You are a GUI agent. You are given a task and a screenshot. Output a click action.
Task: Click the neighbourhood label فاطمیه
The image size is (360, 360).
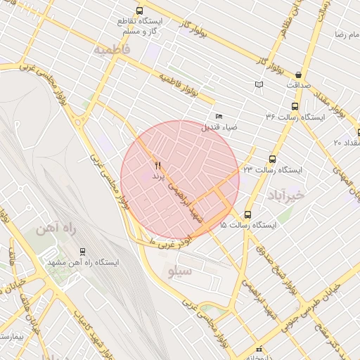tap(112, 51)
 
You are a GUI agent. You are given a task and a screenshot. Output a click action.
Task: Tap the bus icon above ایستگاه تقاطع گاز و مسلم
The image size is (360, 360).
tap(140, 11)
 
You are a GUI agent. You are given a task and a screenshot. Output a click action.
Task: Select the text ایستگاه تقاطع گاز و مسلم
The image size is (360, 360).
tap(141, 26)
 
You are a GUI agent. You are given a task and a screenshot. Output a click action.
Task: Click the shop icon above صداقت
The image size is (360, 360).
tap(299, 75)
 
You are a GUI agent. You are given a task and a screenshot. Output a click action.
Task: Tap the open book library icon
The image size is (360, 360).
tap(259, 84)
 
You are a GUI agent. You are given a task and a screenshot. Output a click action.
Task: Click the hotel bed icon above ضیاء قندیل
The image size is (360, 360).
tap(219, 117)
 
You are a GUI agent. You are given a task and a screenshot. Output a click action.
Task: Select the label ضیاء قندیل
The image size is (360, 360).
tap(220, 127)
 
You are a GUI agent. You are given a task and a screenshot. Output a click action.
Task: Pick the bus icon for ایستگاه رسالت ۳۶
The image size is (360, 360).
tap(293, 107)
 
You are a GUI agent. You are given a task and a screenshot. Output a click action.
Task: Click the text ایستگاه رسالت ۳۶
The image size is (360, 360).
tap(295, 117)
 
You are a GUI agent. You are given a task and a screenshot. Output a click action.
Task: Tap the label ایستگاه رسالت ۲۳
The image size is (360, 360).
tap(272, 170)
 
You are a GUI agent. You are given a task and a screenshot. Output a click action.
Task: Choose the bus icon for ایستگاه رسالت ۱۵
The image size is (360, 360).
tap(247, 214)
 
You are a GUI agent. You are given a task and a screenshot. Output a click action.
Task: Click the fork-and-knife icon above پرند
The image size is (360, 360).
tap(157, 166)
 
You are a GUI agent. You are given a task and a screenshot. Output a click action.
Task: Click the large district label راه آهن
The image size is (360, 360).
tap(56, 229)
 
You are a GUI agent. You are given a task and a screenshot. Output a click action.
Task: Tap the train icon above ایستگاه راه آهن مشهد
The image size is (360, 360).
tap(83, 251)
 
